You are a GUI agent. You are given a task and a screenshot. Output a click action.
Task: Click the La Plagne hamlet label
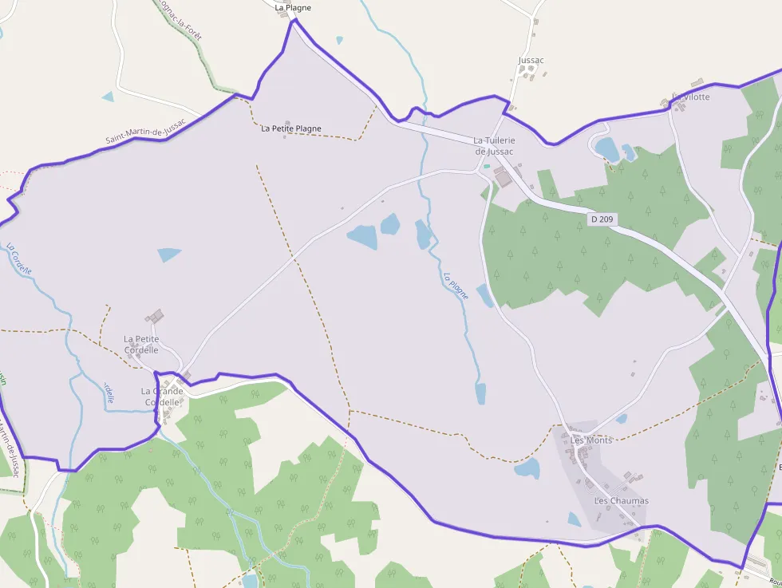tap(293, 8)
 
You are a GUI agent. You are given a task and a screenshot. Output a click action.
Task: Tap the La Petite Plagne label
tap(291, 128)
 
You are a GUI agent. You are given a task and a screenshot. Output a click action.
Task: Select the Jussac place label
tap(531, 61)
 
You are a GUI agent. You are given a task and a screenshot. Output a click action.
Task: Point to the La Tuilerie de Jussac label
tap(495, 146)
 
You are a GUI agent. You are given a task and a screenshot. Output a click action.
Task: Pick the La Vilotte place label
tap(691, 97)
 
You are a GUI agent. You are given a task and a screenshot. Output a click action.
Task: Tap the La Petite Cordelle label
tap(141, 345)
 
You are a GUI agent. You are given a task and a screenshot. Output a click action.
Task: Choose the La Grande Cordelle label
tap(162, 397)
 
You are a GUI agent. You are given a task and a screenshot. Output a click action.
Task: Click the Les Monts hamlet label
tap(591, 440)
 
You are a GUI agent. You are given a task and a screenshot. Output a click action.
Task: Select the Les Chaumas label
tap(622, 501)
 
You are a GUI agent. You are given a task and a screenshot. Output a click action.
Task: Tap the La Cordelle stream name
tap(19, 258)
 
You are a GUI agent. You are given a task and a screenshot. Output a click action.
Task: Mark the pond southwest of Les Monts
tap(527, 468)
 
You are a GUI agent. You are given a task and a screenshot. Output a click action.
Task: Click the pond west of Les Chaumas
tap(575, 519)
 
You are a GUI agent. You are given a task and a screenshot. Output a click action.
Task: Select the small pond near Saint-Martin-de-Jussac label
tap(108, 97)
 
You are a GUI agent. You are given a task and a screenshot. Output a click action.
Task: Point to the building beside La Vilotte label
tap(667, 102)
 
